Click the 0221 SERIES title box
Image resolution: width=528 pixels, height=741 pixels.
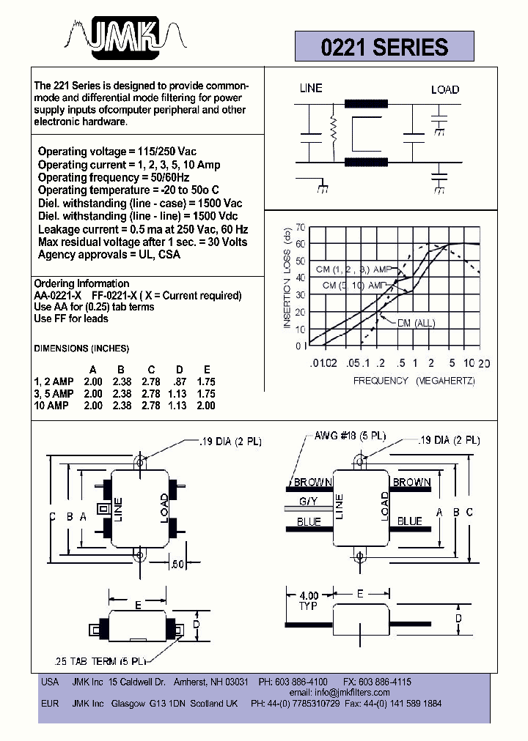pos(384,48)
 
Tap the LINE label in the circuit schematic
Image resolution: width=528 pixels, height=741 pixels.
pos(311,89)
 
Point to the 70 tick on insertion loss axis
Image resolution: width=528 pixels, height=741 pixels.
pos(301,227)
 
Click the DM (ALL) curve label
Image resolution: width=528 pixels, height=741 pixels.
pos(416,323)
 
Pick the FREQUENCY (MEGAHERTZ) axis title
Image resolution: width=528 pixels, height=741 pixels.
pos(414,381)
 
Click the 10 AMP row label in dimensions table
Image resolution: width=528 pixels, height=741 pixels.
pos(51,406)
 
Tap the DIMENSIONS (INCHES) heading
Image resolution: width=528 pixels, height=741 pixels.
pos(81,348)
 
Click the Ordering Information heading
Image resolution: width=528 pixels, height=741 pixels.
pos(81,283)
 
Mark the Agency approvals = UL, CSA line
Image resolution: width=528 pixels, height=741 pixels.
pos(109,255)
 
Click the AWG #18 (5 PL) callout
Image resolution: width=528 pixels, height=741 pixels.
pos(349,435)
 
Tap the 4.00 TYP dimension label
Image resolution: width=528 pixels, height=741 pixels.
pos(309,601)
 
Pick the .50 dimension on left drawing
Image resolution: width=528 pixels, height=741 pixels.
pos(176,565)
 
